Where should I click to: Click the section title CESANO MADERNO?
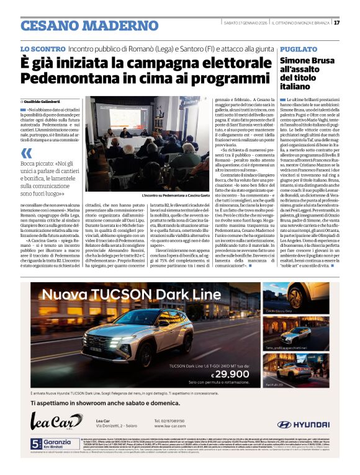81,25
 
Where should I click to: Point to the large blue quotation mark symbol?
26,153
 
